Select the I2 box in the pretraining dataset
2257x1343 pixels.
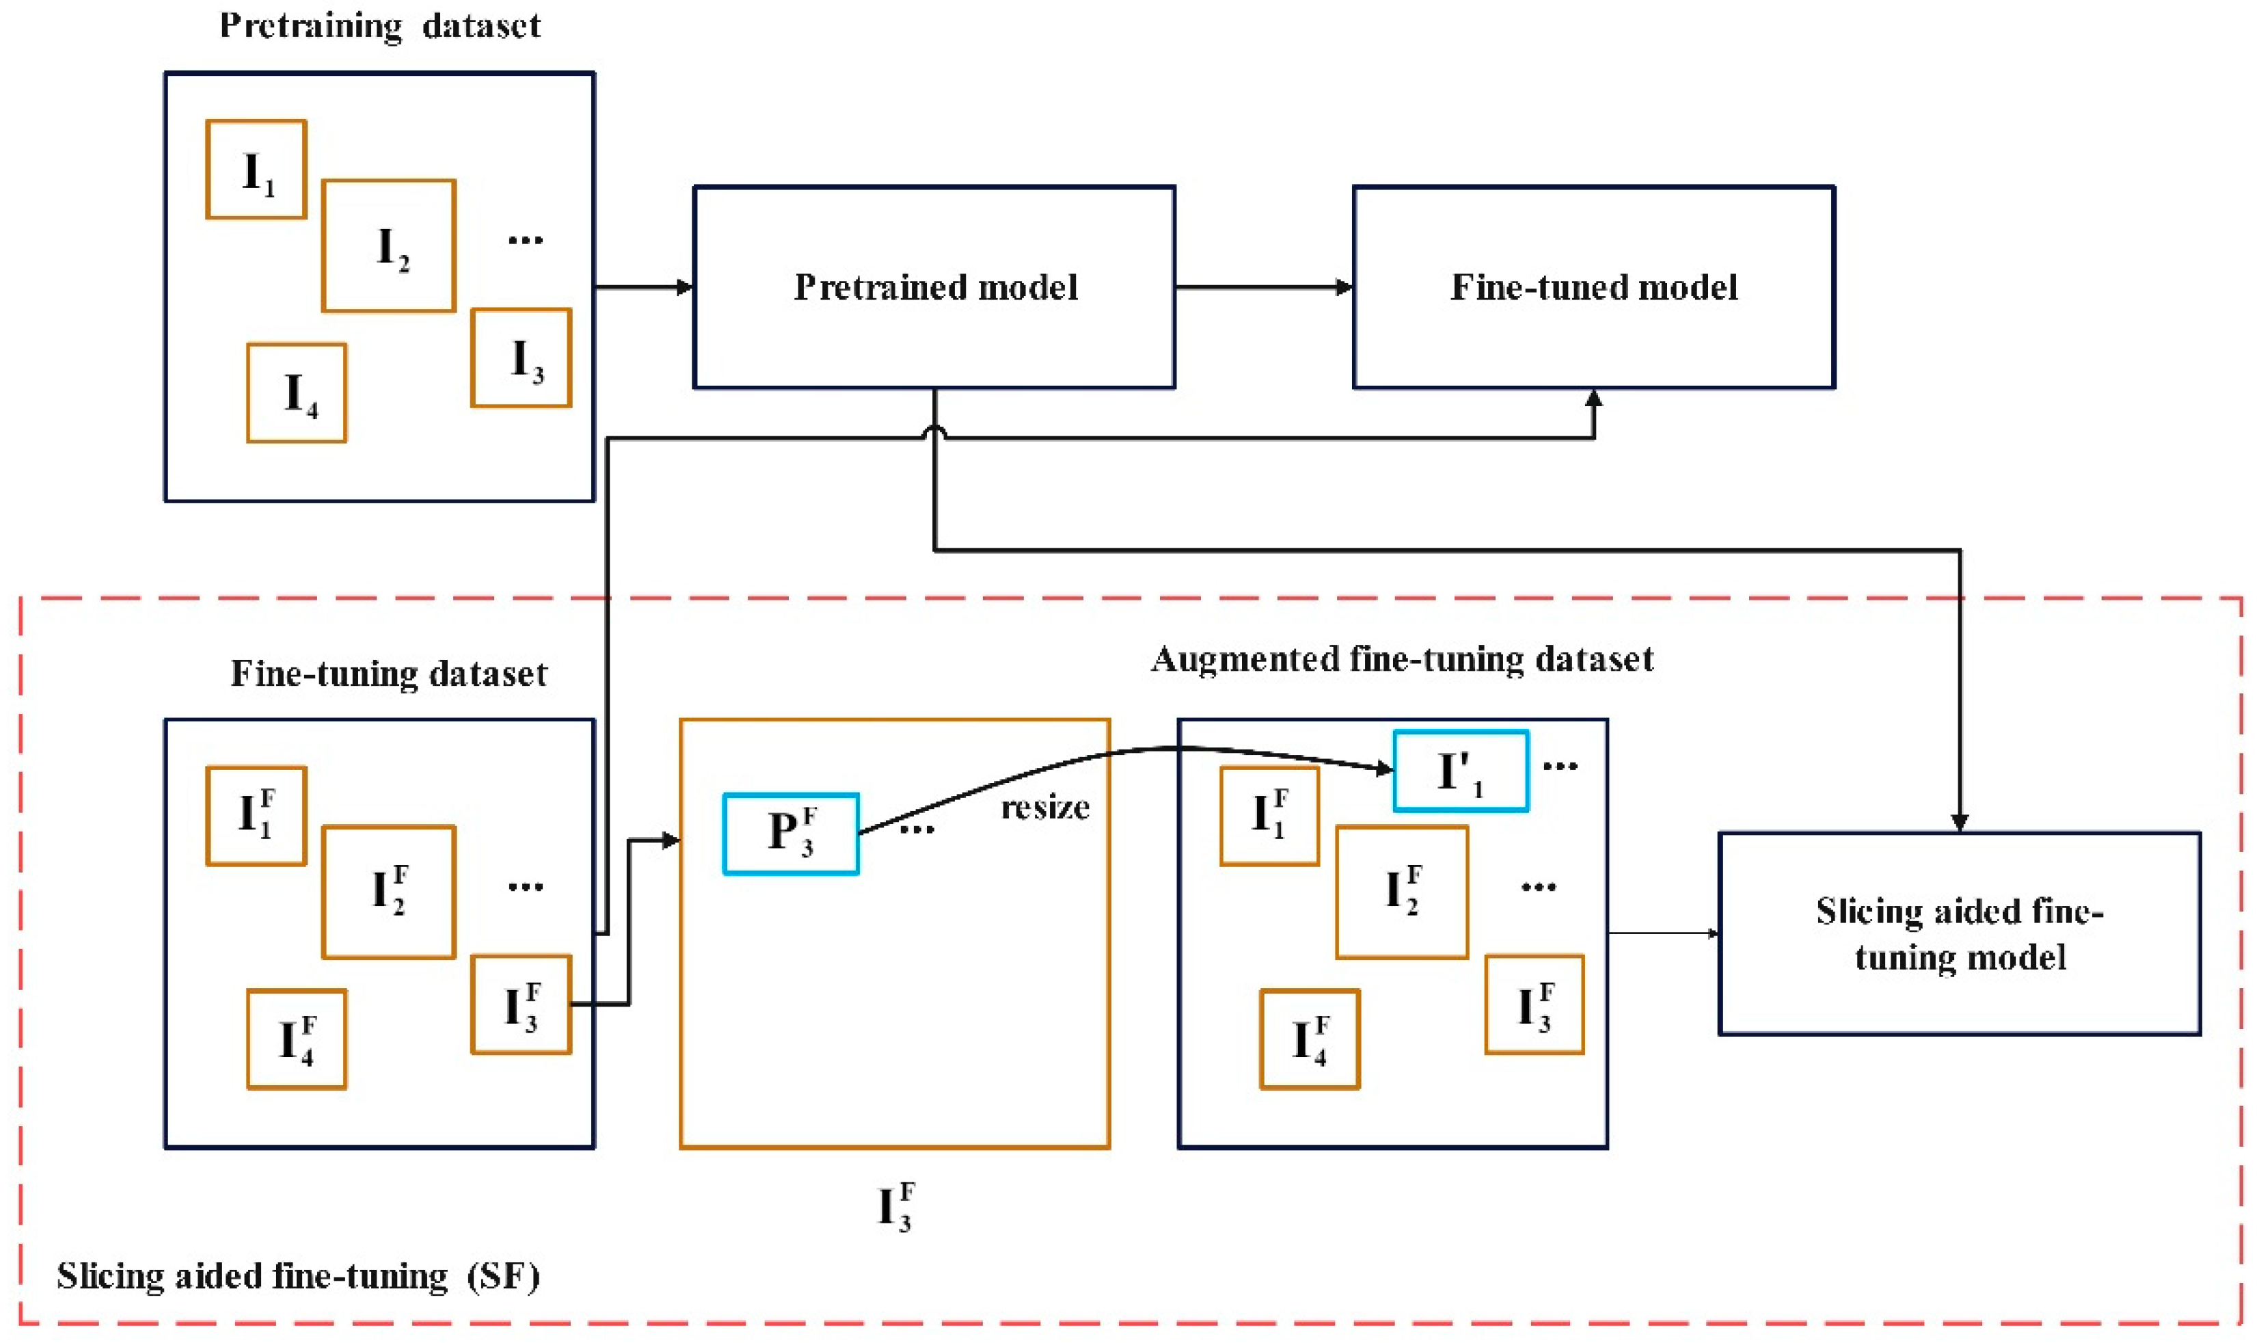pyautogui.click(x=389, y=246)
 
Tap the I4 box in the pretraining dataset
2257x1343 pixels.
pyautogui.click(x=297, y=393)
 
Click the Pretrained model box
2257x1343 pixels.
pyautogui.click(x=934, y=288)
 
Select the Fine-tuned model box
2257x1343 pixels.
pyautogui.click(x=1593, y=288)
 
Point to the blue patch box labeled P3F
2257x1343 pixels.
pyautogui.click(x=791, y=834)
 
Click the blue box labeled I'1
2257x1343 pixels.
pyautogui.click(x=1460, y=771)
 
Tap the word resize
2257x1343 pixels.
pyautogui.click(x=1045, y=808)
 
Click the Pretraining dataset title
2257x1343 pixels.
pyautogui.click(x=380, y=25)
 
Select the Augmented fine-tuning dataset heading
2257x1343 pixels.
pyautogui.click(x=1401, y=659)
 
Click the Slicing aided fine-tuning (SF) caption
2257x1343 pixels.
pyautogui.click(x=299, y=1276)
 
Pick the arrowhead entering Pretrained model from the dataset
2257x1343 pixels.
pyautogui.click(x=685, y=288)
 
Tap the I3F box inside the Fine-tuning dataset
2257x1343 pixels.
pyautogui.click(x=521, y=1005)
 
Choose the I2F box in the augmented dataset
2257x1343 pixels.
pyautogui.click(x=1401, y=892)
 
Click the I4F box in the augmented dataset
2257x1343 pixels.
pyautogui.click(x=1309, y=1039)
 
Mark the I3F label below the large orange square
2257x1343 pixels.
pyautogui.click(x=895, y=1206)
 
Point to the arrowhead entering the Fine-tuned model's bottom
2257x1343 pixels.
pyautogui.click(x=1593, y=399)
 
